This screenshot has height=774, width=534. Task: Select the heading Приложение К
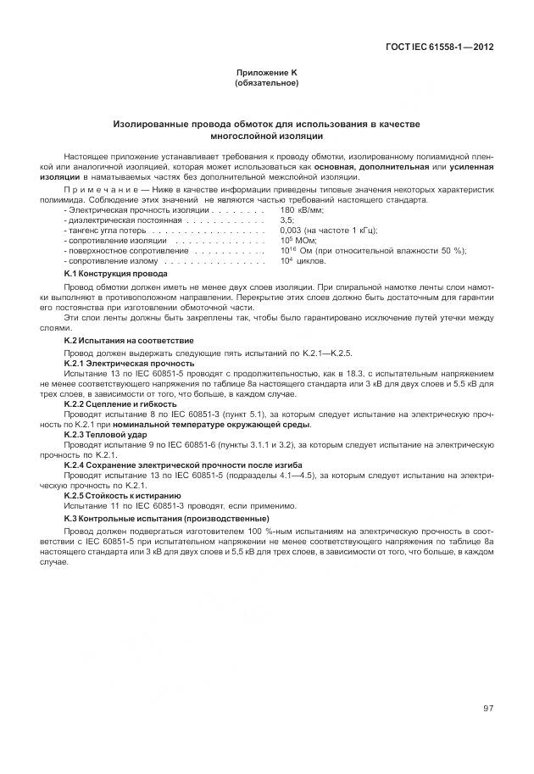266,75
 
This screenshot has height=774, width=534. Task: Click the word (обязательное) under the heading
266,83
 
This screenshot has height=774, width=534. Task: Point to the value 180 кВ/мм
301,209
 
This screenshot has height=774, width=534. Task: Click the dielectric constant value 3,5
286,220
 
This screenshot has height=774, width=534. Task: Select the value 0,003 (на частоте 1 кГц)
328,230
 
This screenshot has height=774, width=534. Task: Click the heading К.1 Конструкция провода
115,274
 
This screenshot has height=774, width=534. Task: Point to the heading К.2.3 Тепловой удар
105,434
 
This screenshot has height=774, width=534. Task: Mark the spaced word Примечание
95,191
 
